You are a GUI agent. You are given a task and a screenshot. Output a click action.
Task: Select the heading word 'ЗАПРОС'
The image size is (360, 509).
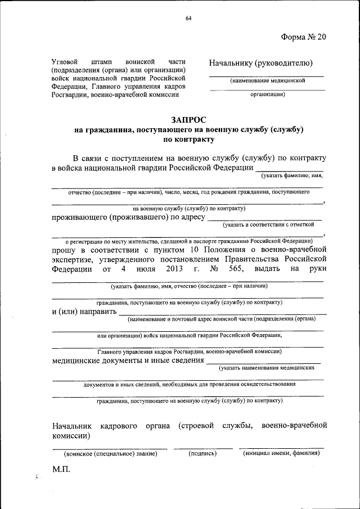point(188,119)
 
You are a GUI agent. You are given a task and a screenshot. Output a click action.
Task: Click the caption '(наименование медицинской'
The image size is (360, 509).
point(267,81)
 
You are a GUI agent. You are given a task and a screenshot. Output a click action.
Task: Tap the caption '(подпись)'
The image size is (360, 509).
point(202,453)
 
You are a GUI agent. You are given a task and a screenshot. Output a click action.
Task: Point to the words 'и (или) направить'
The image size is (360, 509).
point(84,311)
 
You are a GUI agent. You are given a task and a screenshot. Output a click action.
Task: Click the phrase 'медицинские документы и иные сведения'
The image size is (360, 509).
point(127,361)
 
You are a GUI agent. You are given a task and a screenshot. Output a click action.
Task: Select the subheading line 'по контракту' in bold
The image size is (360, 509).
point(188,139)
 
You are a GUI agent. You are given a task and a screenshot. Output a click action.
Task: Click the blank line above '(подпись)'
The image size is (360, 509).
point(202,448)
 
